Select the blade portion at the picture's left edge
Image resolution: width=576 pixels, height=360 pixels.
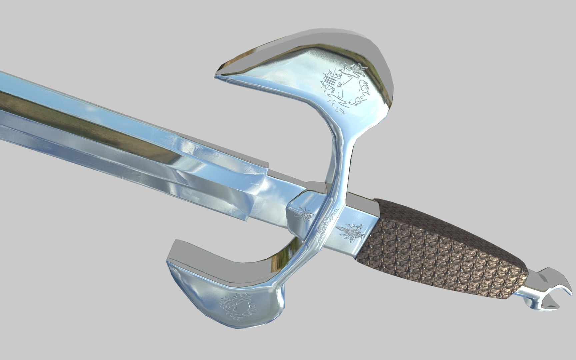point(7,107)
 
